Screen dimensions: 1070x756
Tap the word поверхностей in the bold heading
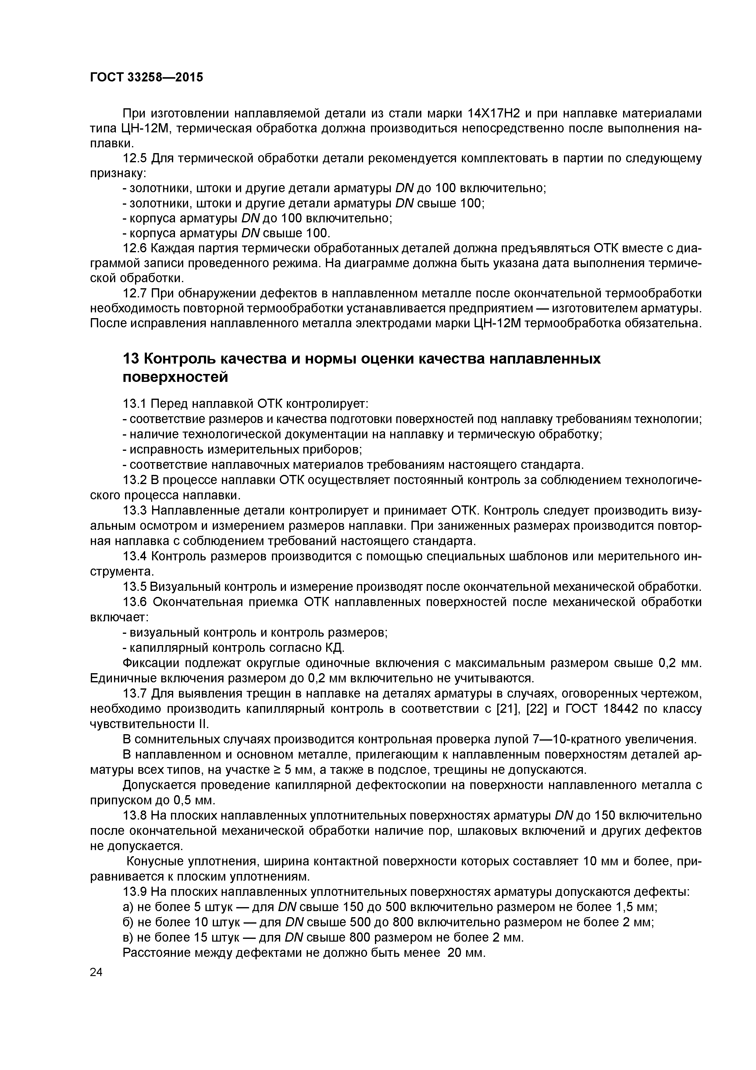pyautogui.click(x=175, y=377)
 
